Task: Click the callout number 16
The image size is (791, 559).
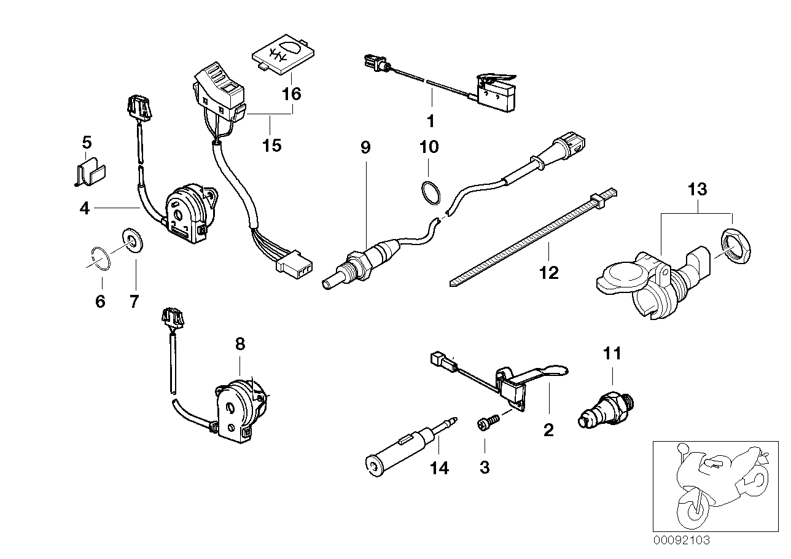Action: [x=292, y=94]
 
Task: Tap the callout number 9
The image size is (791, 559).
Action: [x=365, y=148]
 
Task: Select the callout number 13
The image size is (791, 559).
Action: [x=697, y=189]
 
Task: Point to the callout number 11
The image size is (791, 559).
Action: [x=612, y=353]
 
